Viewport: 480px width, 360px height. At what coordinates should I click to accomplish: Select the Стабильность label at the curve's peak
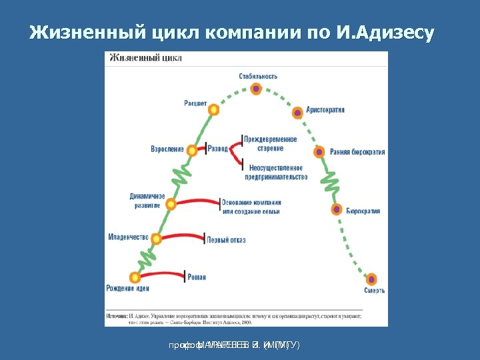[258, 76]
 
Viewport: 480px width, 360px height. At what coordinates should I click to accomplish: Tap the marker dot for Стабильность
[256, 89]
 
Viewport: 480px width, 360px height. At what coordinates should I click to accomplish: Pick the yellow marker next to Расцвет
[213, 109]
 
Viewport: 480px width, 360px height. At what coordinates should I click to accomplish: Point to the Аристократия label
[325, 109]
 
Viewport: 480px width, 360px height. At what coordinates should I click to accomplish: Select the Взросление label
[167, 149]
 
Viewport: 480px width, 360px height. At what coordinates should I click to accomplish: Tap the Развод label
[218, 148]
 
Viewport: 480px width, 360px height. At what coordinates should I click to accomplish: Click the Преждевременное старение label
[270, 143]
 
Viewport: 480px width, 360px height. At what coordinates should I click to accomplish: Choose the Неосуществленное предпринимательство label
[275, 173]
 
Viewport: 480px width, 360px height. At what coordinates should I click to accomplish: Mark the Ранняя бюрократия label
[357, 152]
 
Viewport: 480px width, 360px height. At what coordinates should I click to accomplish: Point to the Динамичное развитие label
[147, 201]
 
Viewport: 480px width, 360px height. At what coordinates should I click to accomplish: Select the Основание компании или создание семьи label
[251, 207]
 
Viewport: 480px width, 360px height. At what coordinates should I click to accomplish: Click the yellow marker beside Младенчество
[157, 239]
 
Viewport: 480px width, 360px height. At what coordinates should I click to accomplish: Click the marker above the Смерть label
[371, 279]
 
